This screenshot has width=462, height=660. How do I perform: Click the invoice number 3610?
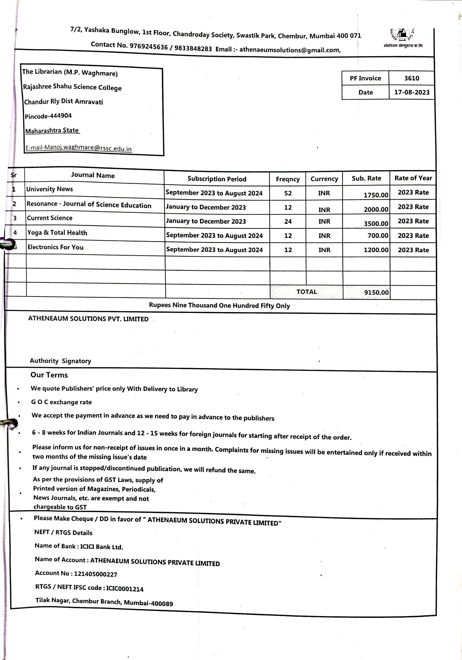[x=412, y=78]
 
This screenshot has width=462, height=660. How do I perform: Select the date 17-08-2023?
[x=412, y=92]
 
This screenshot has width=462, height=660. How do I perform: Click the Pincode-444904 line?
[x=48, y=116]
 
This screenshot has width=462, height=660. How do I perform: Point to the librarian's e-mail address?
[x=78, y=148]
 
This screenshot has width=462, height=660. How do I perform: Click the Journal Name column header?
[x=93, y=175]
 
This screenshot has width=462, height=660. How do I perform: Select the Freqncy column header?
[x=288, y=179]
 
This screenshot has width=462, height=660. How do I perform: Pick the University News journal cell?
[x=49, y=189]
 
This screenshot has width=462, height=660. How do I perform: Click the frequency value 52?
[x=288, y=193]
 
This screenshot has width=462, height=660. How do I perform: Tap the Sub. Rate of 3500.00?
[x=376, y=223]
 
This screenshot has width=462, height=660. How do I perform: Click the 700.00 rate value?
[x=378, y=236]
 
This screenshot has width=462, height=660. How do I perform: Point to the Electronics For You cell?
[x=56, y=247]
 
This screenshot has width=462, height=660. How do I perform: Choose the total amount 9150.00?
[x=376, y=292]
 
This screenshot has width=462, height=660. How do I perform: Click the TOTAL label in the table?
[x=307, y=292]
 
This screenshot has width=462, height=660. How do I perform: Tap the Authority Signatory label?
[x=60, y=361]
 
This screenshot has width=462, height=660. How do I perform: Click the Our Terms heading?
[x=49, y=375]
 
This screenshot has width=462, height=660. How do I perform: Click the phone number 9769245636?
[x=149, y=46]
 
